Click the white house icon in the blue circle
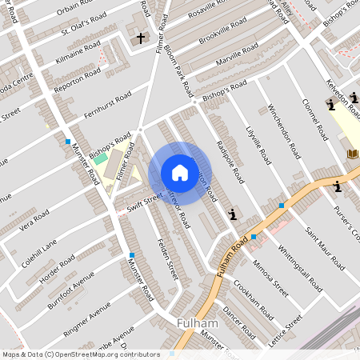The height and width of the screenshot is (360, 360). tap(180, 173)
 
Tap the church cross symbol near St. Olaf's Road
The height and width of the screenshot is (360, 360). tap(141, 38)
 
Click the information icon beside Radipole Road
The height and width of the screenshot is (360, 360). tap(233, 214)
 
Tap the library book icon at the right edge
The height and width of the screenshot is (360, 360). tap(351, 154)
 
